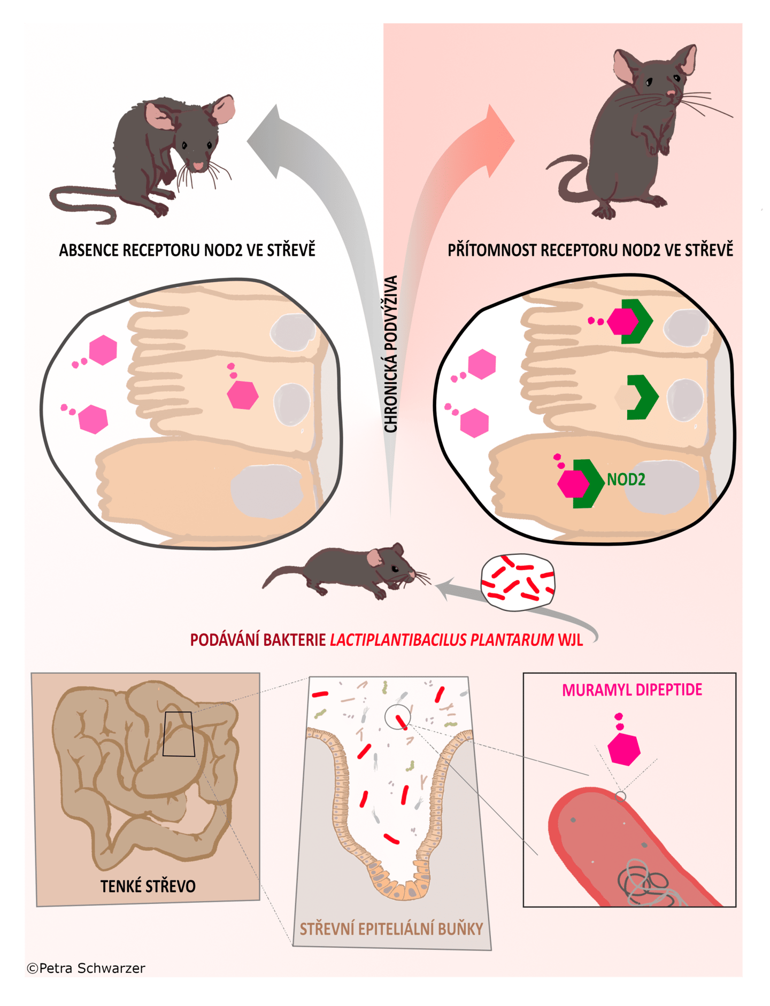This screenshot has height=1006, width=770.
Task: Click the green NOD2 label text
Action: click(x=626, y=479)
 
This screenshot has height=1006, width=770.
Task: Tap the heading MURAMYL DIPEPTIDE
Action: click(x=632, y=690)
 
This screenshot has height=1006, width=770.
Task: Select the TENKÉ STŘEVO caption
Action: click(x=148, y=886)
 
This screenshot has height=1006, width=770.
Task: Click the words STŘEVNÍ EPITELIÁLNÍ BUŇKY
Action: click(x=391, y=929)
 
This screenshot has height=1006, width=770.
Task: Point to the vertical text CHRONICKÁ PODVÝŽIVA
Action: click(x=391, y=354)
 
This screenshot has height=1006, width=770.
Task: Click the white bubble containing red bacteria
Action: click(x=518, y=583)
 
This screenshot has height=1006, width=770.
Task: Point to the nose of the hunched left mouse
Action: click(x=198, y=166)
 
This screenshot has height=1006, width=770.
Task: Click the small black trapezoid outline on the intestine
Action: click(x=179, y=734)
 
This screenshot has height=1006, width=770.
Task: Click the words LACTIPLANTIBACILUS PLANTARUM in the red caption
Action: click(x=442, y=640)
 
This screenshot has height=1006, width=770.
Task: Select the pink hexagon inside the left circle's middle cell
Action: click(x=243, y=394)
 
